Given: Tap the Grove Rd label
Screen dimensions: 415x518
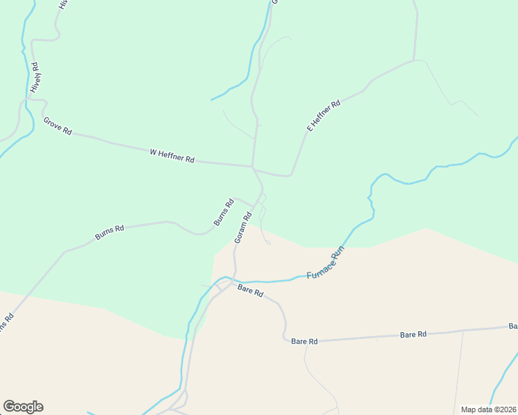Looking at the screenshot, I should pyautogui.click(x=57, y=126).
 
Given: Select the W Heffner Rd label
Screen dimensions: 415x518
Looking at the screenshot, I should pyautogui.click(x=172, y=156).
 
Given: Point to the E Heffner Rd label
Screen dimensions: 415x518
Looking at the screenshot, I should pyautogui.click(x=323, y=116).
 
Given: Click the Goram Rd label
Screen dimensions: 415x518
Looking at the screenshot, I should pyautogui.click(x=241, y=226).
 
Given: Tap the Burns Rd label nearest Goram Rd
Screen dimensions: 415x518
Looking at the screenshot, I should pyautogui.click(x=224, y=212).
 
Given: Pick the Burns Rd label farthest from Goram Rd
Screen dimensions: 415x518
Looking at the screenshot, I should pyautogui.click(x=109, y=232).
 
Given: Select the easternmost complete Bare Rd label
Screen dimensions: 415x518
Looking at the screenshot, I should pyautogui.click(x=413, y=335).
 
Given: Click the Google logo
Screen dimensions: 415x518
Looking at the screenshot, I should pyautogui.click(x=23, y=407).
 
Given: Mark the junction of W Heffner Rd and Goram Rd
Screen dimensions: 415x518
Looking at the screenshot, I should pyautogui.click(x=253, y=167).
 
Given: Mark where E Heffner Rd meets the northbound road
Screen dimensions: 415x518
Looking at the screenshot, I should pyautogui.click(x=414, y=61).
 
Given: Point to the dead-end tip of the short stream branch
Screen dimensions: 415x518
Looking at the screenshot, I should pyautogui.click(x=211, y=100).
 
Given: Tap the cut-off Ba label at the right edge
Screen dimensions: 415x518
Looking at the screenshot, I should pyautogui.click(x=513, y=326).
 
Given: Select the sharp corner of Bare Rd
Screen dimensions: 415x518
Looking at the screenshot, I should pyautogui.click(x=285, y=338).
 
